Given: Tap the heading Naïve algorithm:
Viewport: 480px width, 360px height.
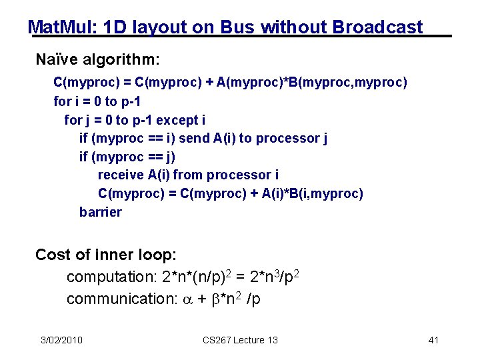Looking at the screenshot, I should (x=97, y=60).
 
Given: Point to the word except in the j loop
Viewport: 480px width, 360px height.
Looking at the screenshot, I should (x=177, y=120).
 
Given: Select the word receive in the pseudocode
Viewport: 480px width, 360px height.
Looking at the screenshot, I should (x=121, y=175).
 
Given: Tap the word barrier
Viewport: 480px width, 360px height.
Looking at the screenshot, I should (x=100, y=212).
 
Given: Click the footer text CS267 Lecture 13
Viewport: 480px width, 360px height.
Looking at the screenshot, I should (x=240, y=340).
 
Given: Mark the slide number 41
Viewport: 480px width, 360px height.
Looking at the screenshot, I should (x=433, y=340).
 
